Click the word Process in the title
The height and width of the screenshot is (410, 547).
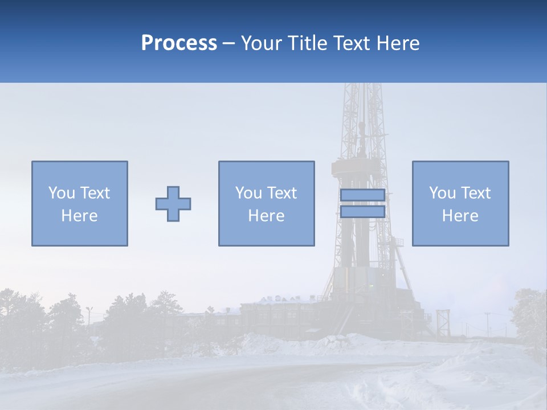coord(179,43)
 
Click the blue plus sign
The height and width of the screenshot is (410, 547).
coord(173,204)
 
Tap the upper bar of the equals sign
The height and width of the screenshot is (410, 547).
coord(362,195)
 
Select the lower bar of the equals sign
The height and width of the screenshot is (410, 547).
coord(362,212)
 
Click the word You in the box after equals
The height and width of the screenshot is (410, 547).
coord(442,193)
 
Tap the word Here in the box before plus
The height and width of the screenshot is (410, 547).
coord(79,216)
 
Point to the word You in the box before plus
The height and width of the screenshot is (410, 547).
coord(61,193)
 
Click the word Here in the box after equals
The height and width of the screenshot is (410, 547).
coord(460,216)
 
